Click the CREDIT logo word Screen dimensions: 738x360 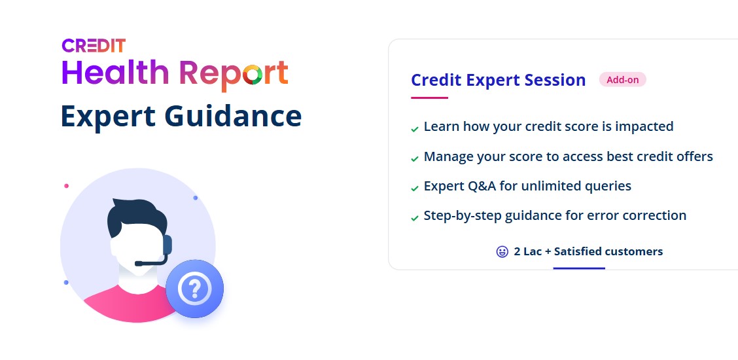coord(94,46)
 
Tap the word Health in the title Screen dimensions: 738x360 coord(115,73)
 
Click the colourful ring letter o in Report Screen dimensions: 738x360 coord(253,75)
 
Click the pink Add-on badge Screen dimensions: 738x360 coord(622,80)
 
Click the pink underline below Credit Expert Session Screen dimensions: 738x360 coord(429,98)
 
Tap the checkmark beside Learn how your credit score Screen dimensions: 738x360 coord(415,129)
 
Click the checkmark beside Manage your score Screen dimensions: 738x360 coord(415,159)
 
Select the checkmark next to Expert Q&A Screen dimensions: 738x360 coord(415,189)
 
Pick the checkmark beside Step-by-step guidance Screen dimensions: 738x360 coord(415,219)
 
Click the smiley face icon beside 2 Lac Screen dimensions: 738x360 coord(502,252)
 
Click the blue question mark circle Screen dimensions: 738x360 coord(194,289)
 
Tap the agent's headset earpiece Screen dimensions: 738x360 coord(167,245)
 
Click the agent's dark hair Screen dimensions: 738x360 coord(136,217)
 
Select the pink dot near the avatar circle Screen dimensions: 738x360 coord(66,186)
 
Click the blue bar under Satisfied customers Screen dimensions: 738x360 coord(579,268)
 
